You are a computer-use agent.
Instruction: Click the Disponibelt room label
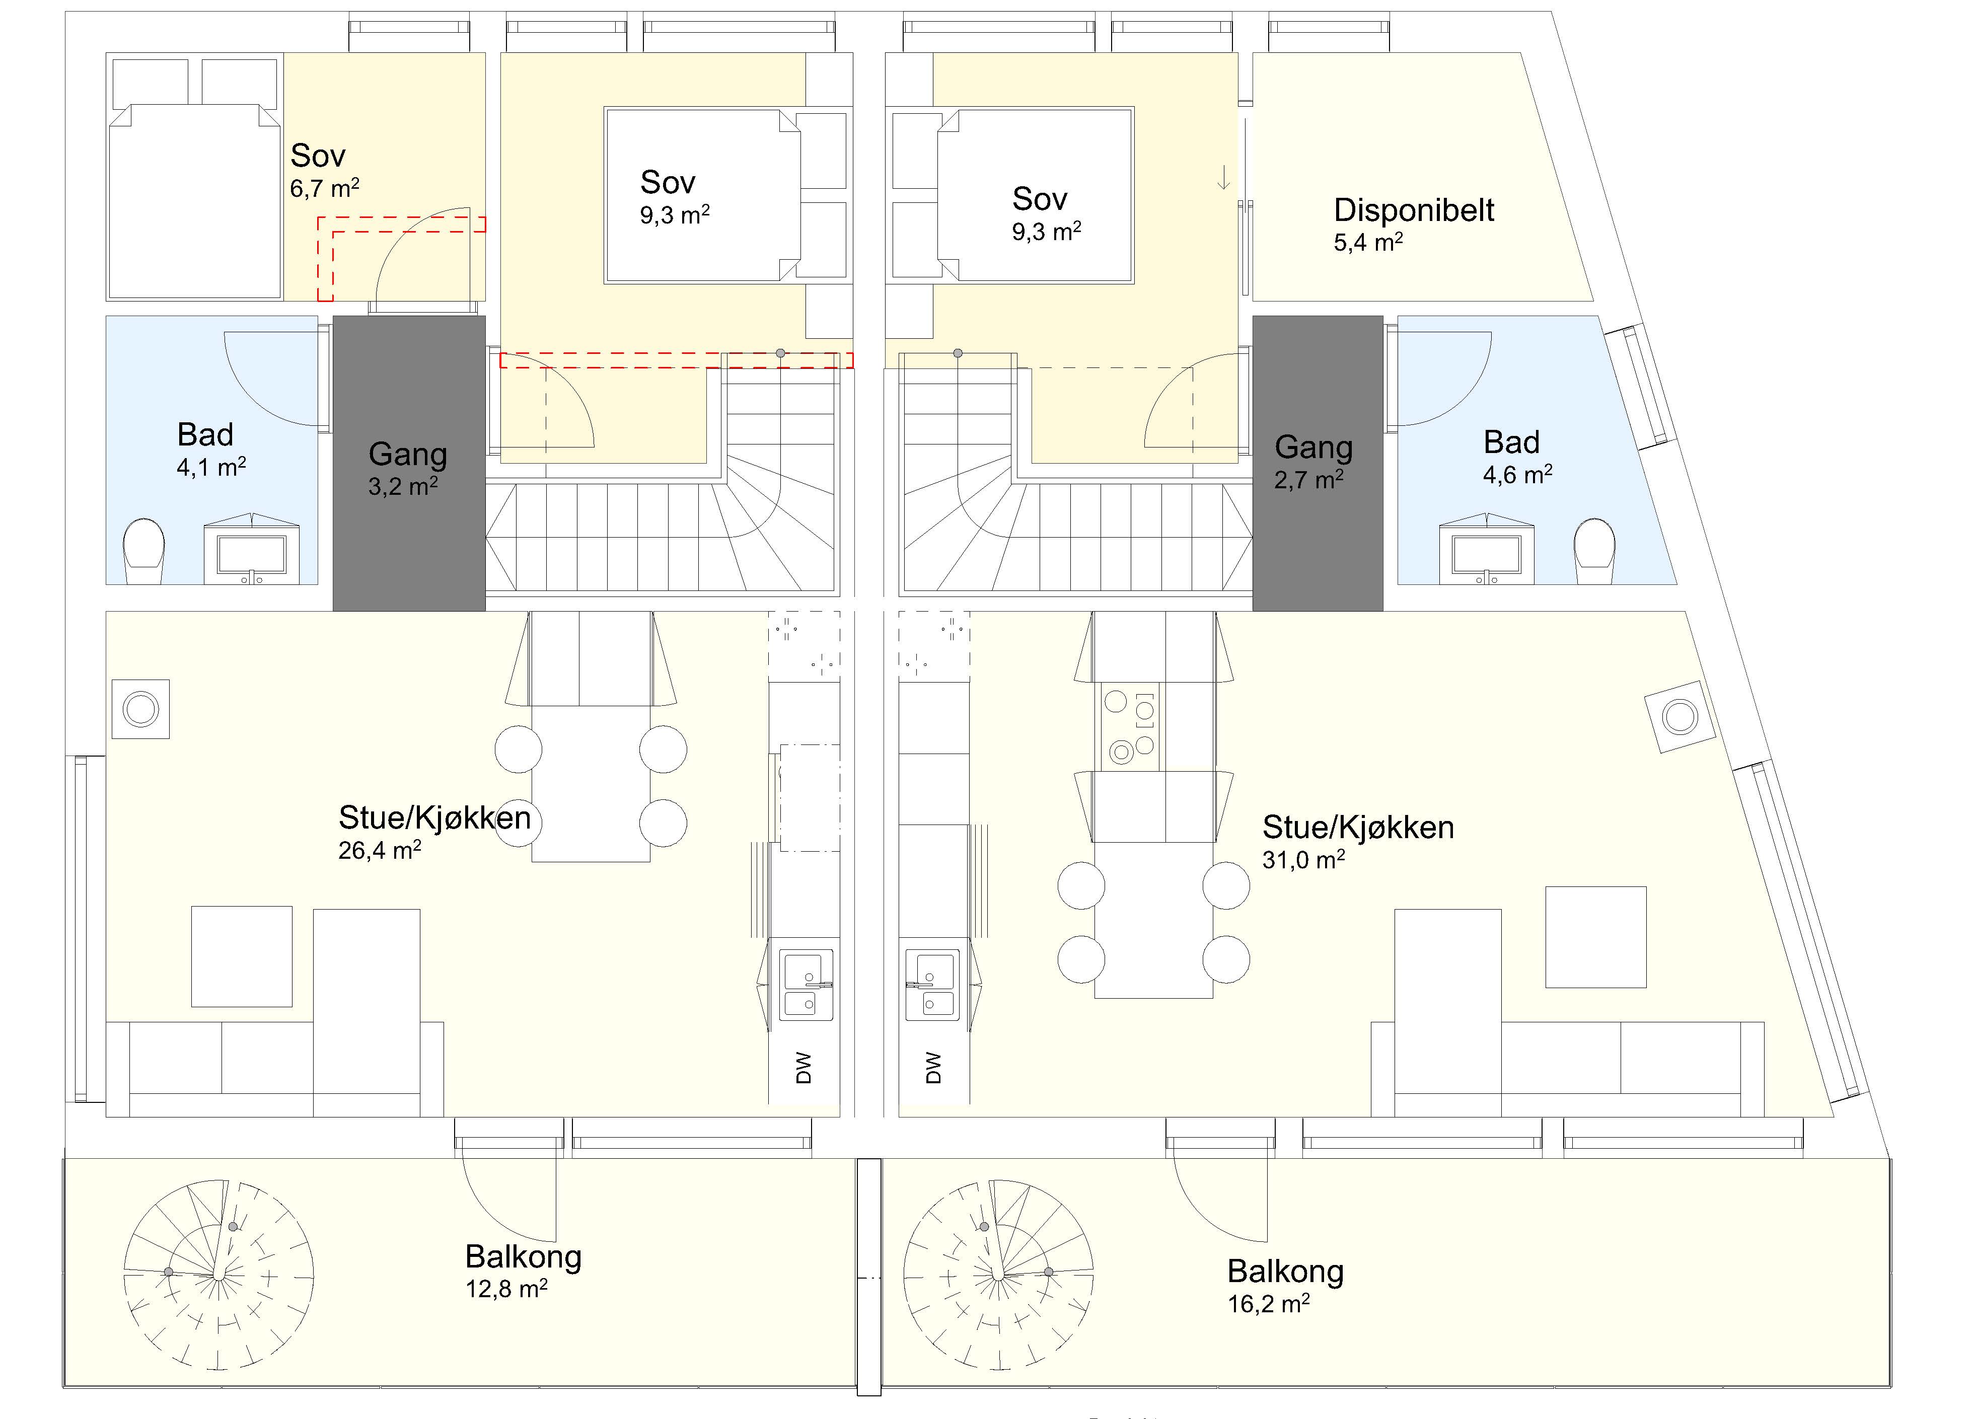(1414, 210)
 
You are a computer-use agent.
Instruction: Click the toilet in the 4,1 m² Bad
(143, 550)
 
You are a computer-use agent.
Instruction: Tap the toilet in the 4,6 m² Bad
(1594, 550)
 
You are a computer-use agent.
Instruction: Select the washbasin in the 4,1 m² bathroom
(251, 553)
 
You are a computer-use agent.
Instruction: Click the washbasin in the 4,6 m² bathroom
(1486, 553)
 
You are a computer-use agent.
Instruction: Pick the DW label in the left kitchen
(804, 1068)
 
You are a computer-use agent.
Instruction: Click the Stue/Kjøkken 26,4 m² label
(434, 832)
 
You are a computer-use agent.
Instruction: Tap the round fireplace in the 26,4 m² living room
(141, 710)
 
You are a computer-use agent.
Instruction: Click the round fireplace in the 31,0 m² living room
(1680, 717)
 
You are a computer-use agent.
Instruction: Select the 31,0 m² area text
(1303, 859)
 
